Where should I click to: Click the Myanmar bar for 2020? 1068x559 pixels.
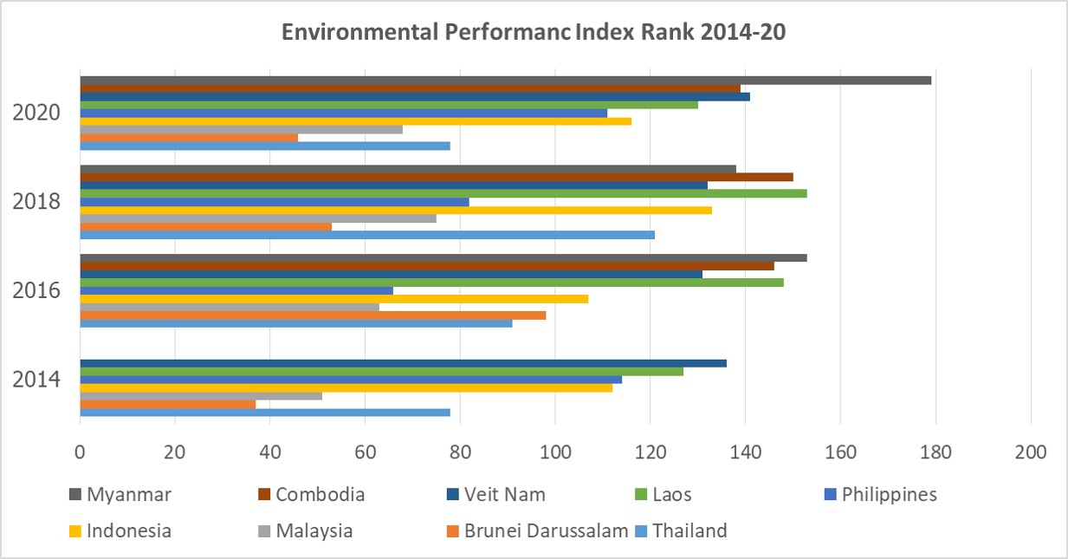tap(506, 81)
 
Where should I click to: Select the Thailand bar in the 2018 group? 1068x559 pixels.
tap(367, 235)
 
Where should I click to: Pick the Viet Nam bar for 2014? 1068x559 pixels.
tap(403, 363)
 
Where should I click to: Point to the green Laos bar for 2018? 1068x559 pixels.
tap(443, 193)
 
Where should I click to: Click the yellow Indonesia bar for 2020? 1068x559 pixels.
tap(355, 121)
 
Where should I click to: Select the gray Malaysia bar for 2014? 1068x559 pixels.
tap(201, 396)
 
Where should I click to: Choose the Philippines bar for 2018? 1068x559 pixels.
tap(275, 202)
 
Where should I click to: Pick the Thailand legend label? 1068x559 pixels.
tap(689, 530)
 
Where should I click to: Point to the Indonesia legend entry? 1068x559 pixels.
tap(129, 530)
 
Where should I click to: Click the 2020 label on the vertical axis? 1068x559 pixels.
tap(36, 114)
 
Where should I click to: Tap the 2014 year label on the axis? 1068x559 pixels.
tap(36, 380)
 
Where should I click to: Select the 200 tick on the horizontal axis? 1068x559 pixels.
tap(1030, 452)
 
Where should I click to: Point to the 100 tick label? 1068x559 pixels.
tap(555, 452)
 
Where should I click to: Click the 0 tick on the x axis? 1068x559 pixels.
tap(80, 452)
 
